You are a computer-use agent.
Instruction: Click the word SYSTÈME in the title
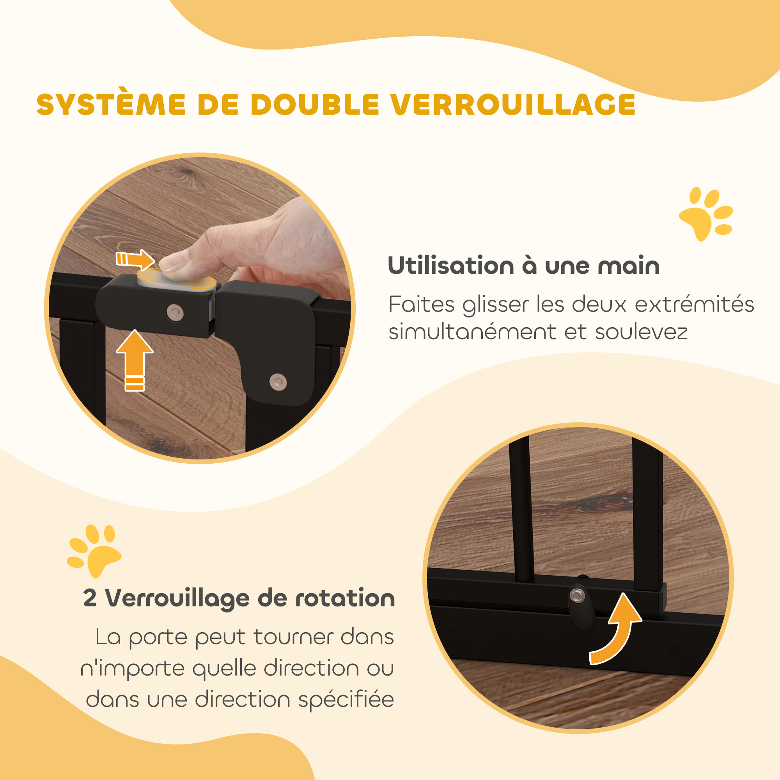[111, 104]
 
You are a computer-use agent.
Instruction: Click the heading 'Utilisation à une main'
[524, 266]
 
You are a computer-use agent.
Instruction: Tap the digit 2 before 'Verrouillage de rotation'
[90, 598]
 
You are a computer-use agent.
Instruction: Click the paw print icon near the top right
[706, 214]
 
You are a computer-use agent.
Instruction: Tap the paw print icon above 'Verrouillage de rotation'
[94, 551]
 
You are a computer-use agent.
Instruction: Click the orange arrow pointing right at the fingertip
[135, 259]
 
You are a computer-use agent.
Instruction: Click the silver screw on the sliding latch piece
[175, 312]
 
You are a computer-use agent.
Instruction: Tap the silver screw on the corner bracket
[278, 381]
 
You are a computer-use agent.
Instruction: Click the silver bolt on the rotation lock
[577, 595]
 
